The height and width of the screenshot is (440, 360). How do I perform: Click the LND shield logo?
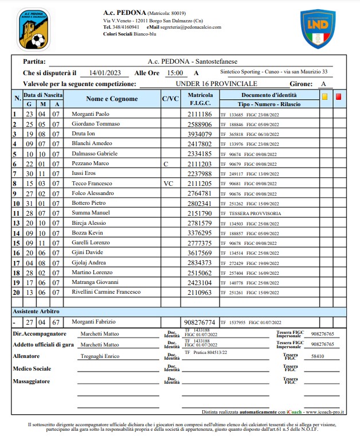[x=318, y=28]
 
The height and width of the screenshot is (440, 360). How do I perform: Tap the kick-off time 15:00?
[x=174, y=73]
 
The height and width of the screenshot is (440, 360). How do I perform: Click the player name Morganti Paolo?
[x=90, y=114]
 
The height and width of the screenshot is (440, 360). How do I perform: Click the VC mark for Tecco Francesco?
[x=168, y=183]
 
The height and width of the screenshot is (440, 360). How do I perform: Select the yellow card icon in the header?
[x=324, y=97]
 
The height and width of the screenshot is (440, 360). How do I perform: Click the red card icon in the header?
[x=338, y=97]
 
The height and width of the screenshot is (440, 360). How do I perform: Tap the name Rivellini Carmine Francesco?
[x=106, y=292]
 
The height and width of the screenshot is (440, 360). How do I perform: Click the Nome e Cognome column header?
[x=112, y=99]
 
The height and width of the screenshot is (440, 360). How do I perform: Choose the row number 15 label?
[x=17, y=243]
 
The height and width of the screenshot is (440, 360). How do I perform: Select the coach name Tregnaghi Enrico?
[x=100, y=356]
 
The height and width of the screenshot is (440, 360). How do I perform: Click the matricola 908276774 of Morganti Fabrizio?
[x=198, y=322]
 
